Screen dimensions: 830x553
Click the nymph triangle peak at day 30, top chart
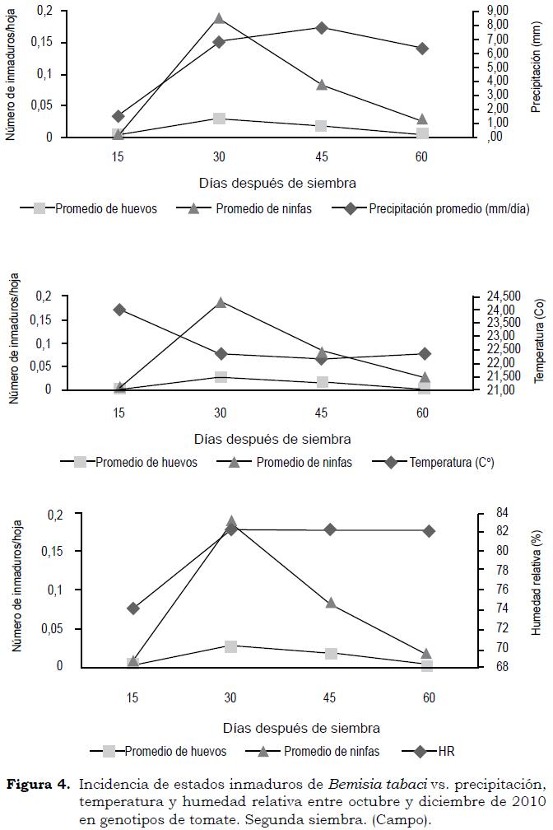tap(219, 19)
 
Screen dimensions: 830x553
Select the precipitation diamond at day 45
tap(321, 28)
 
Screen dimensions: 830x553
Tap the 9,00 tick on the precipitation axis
tap(497, 10)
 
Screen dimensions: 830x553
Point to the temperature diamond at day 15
tap(119, 310)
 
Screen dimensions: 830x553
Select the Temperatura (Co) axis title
tap(539, 342)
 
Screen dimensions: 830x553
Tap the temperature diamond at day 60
tap(422, 353)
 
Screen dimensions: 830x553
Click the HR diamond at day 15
tap(133, 609)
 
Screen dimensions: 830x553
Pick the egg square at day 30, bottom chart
tap(231, 646)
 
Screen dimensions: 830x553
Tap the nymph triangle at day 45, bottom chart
tap(331, 603)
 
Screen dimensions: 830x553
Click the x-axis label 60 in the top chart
tap(421, 156)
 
